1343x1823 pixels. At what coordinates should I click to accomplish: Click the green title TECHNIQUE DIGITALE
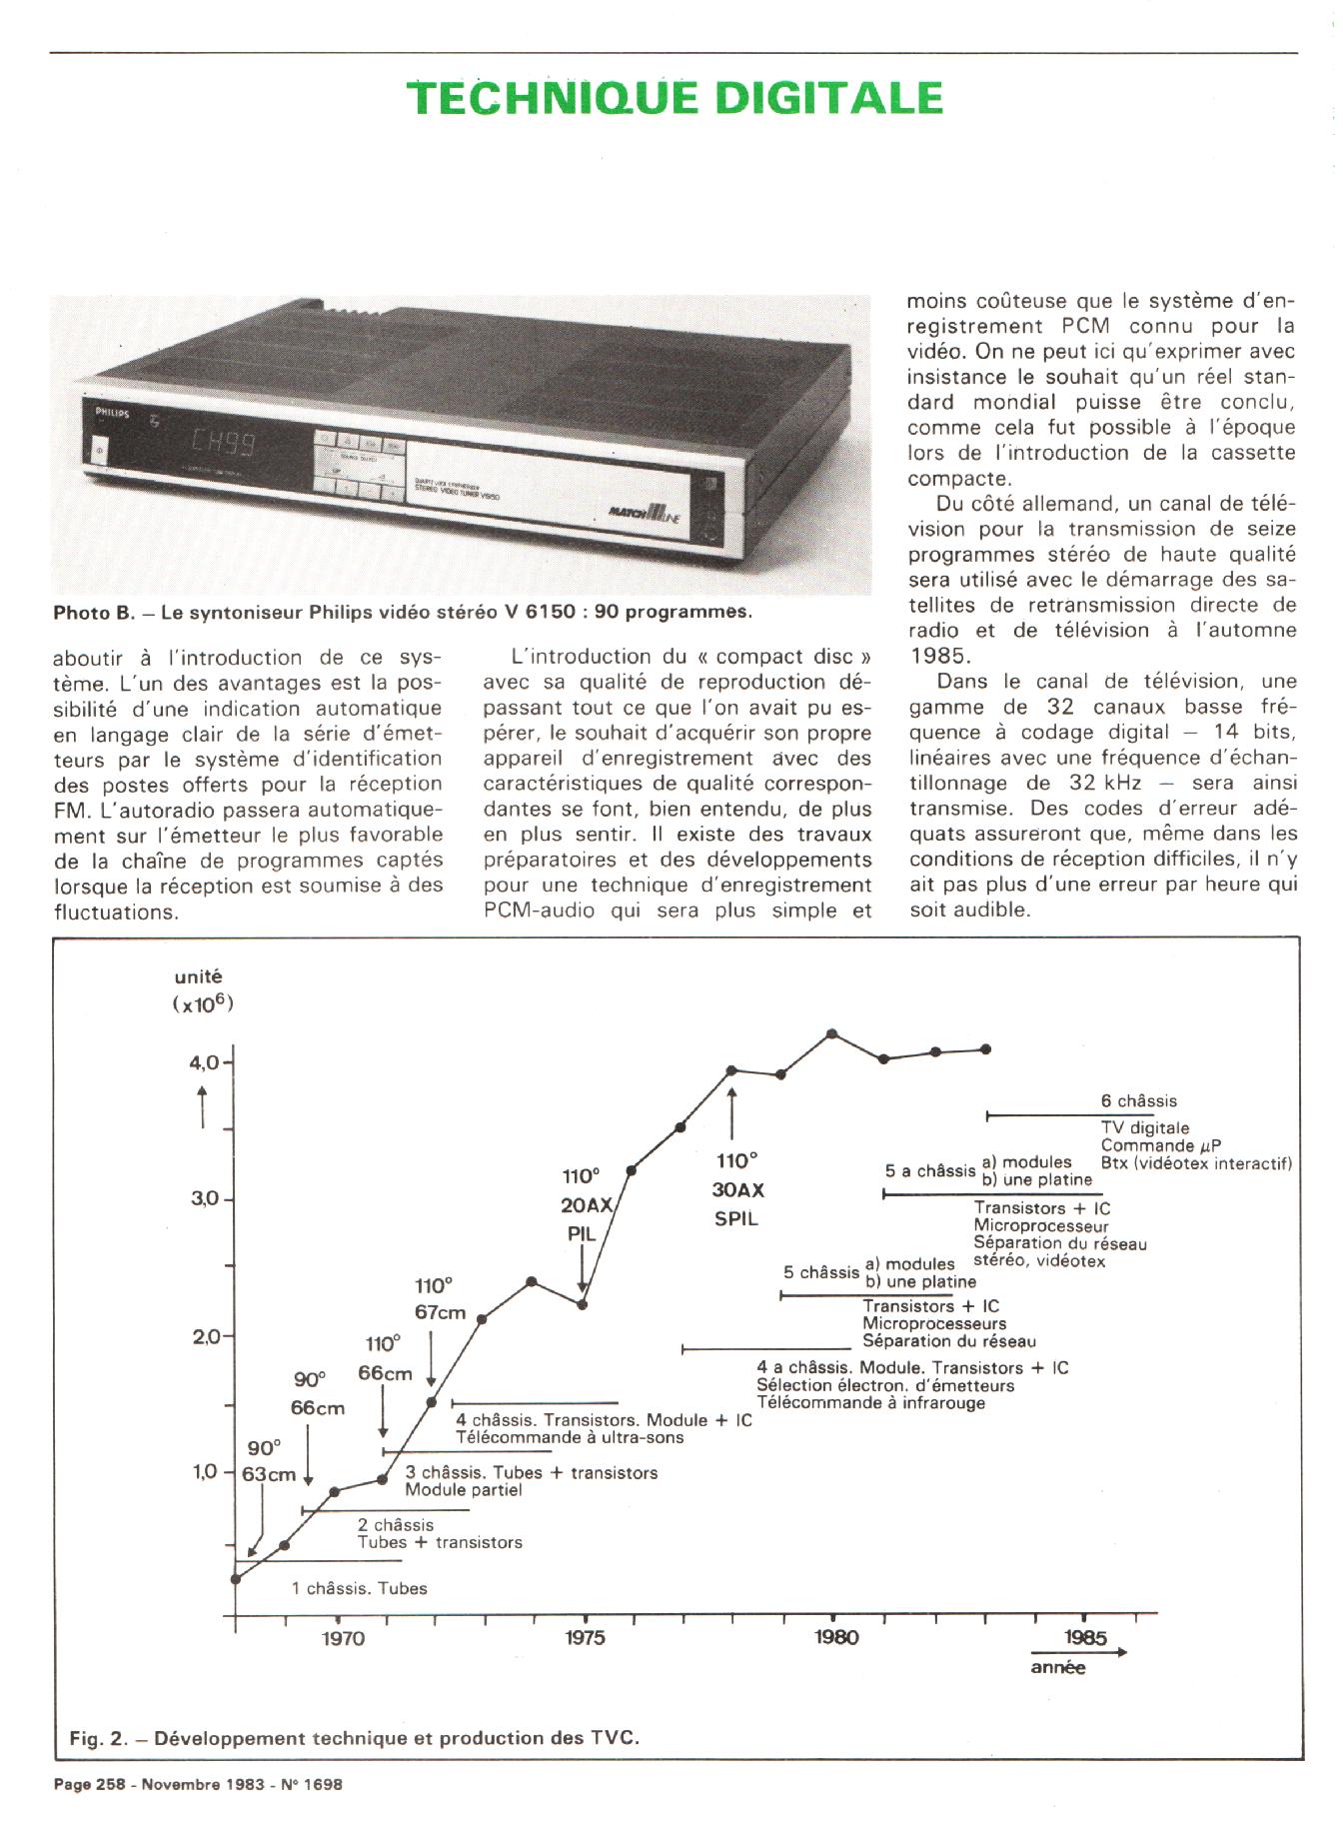674,98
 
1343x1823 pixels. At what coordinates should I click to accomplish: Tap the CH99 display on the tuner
222,443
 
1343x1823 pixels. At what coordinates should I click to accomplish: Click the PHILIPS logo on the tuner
112,412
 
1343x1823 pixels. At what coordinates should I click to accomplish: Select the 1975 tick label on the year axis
585,1637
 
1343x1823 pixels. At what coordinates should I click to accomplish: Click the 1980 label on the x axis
835,1637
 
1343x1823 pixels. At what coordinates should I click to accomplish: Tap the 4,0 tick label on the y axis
204,1062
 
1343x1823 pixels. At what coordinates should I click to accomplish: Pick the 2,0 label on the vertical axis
204,1336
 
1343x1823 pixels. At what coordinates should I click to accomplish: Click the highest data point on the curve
832,1033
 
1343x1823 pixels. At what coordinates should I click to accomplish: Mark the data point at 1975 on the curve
583,1304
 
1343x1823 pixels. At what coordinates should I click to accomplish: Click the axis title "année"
1057,1667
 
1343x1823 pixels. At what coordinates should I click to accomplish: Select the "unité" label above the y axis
198,976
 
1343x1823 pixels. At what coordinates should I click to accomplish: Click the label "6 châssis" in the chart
1138,1100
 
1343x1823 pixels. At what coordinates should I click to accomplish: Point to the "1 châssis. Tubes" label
359,1588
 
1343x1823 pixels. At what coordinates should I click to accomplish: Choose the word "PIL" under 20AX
581,1234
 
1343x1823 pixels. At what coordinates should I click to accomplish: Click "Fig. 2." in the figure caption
98,1738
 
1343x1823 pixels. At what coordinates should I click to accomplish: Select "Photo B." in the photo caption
93,612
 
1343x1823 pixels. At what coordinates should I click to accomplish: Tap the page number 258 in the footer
111,1784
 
